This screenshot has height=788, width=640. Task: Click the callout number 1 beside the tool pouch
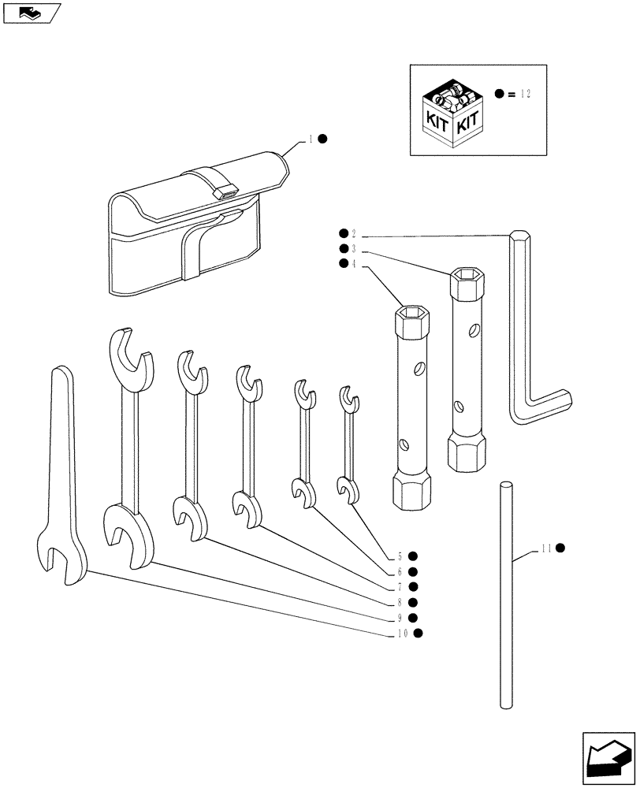[x=311, y=139]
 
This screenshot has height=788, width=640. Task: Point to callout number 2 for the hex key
[x=354, y=234]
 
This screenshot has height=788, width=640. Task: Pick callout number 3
[x=354, y=248]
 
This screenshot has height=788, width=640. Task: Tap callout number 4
[x=354, y=264]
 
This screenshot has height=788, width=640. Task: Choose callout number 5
[x=400, y=556]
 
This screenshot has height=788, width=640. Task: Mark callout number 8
[x=400, y=602]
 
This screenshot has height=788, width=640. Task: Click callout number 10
[x=402, y=633]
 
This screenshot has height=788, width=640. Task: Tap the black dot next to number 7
[x=413, y=586]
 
